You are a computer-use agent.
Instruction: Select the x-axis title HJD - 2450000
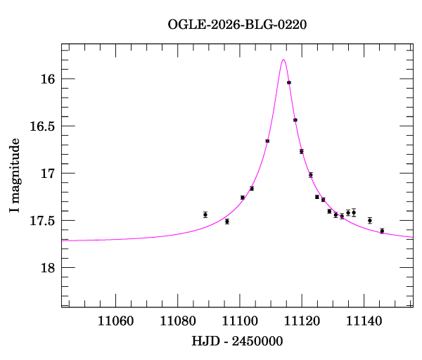(x=237, y=342)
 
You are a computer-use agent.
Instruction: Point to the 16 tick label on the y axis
(x=49, y=79)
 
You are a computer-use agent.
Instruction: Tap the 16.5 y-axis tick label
(x=42, y=127)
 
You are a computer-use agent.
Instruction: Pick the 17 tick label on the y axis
(x=49, y=174)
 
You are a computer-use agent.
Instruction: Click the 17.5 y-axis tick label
(x=42, y=221)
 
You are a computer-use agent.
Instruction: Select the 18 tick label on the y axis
(x=49, y=268)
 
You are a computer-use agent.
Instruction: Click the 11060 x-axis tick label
(x=115, y=321)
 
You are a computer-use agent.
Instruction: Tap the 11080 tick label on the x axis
(x=177, y=321)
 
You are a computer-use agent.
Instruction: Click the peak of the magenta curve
(x=283, y=60)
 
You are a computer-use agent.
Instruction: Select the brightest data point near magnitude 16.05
(x=289, y=82)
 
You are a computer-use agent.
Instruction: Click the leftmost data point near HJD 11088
(x=205, y=214)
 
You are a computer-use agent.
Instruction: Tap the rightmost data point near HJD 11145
(x=382, y=231)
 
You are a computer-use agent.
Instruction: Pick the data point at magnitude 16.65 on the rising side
(x=267, y=141)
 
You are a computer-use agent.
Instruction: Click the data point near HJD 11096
(x=227, y=221)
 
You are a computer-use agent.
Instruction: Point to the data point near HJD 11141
(x=369, y=221)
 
